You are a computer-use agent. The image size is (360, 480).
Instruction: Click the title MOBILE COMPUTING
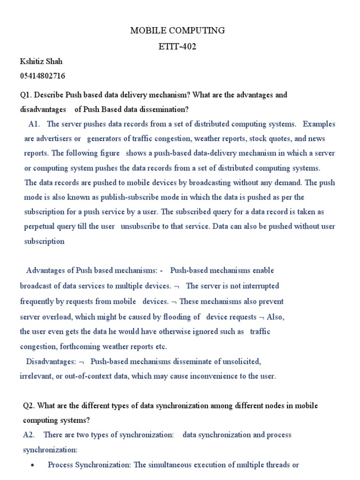[177, 31]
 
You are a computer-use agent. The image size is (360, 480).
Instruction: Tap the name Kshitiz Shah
[41, 61]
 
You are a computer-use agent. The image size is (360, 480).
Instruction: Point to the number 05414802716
[43, 75]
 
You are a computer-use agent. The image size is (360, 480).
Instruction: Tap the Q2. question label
[29, 405]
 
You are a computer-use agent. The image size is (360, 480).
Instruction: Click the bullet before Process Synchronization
[32, 465]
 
